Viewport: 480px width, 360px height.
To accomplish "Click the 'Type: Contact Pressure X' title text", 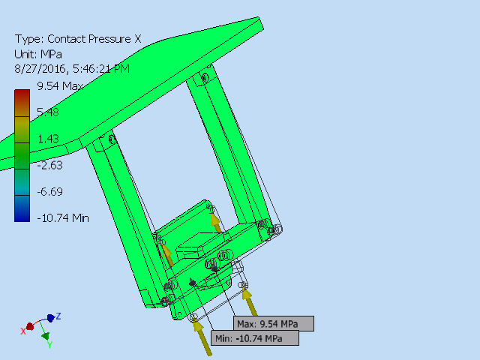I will tap(78, 39).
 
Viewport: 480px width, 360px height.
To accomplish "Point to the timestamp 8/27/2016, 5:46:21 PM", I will tap(72, 68).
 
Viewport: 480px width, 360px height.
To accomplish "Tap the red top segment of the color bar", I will tap(22, 95).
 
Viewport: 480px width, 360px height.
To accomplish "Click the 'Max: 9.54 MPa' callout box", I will tap(272, 324).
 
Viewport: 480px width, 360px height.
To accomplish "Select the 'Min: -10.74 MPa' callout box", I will tap(255, 339).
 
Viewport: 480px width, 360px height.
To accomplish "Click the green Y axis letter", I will tap(49, 345).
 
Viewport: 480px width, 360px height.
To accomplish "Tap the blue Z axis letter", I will tap(58, 316).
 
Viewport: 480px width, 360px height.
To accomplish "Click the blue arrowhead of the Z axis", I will tap(50, 318).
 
